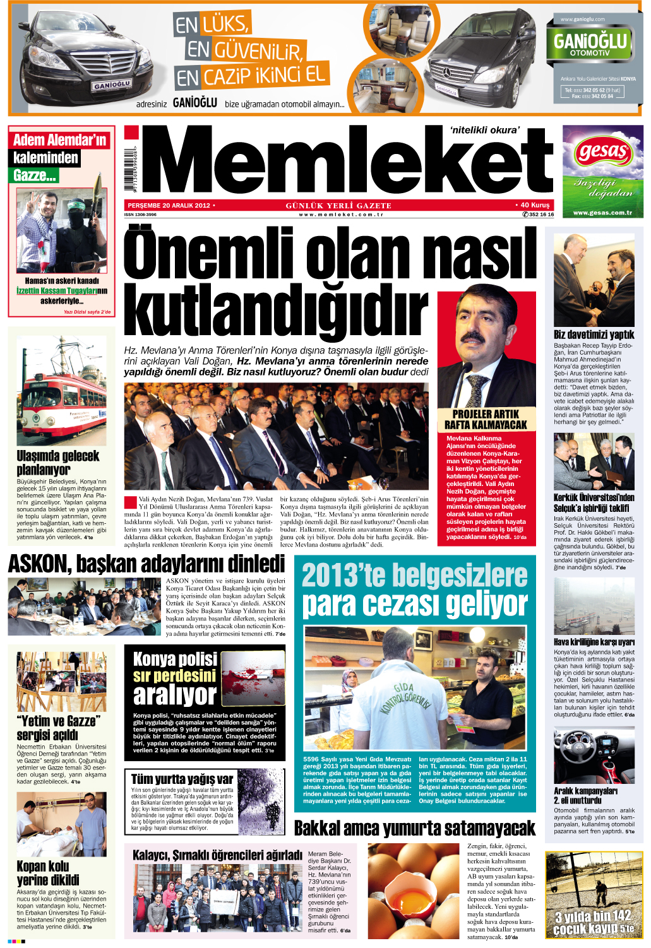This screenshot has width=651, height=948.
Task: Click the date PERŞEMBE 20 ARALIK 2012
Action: [x=169, y=206]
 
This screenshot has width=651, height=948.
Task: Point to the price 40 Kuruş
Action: [x=534, y=205]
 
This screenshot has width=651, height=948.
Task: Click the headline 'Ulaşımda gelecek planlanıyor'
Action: [x=58, y=463]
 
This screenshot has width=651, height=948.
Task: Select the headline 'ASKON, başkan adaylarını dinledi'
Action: [x=146, y=564]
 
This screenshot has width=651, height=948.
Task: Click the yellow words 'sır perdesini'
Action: [x=174, y=676]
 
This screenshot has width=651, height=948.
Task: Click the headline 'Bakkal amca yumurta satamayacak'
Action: [x=414, y=828]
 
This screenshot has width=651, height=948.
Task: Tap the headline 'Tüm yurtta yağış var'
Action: [x=182, y=779]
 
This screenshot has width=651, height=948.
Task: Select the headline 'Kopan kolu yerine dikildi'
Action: [x=48, y=873]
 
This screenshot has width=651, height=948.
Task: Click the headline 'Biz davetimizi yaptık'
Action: [x=594, y=335]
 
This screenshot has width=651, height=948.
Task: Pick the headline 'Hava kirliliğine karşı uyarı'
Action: [x=594, y=643]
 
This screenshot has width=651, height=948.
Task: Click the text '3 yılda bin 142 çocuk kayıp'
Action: [x=594, y=921]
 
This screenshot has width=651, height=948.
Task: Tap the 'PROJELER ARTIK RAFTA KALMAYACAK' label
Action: [x=486, y=420]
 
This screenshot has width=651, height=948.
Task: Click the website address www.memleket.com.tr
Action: [x=342, y=215]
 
